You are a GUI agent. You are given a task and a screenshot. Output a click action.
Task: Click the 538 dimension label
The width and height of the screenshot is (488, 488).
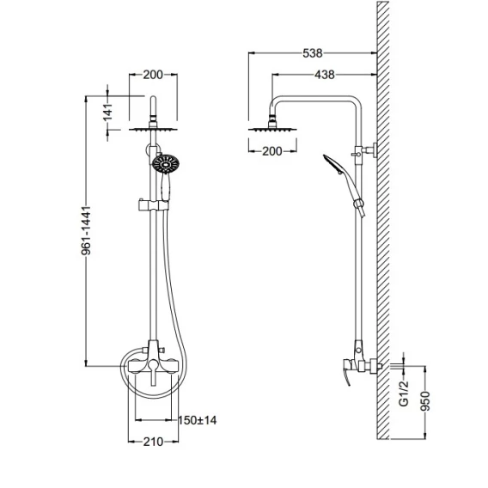(x=313, y=53)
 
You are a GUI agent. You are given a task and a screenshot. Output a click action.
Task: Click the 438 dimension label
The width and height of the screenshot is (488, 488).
(x=324, y=75)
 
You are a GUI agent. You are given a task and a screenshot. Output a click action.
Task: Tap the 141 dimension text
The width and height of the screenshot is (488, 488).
(x=107, y=113)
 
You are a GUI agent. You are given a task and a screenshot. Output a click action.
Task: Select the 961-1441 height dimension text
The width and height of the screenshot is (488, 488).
(x=86, y=230)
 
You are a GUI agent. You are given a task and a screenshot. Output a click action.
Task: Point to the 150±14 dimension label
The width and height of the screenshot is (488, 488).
(x=197, y=420)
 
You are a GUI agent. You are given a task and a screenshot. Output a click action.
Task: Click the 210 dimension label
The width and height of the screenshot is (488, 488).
(x=153, y=442)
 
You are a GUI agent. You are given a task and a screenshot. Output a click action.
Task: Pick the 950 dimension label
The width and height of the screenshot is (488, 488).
(x=425, y=401)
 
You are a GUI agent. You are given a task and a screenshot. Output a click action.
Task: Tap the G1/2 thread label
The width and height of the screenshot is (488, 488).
(x=404, y=393)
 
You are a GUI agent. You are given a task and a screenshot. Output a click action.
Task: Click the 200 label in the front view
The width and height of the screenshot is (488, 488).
(x=153, y=75)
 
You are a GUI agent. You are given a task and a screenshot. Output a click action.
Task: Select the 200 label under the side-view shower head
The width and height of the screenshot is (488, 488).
(x=272, y=151)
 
